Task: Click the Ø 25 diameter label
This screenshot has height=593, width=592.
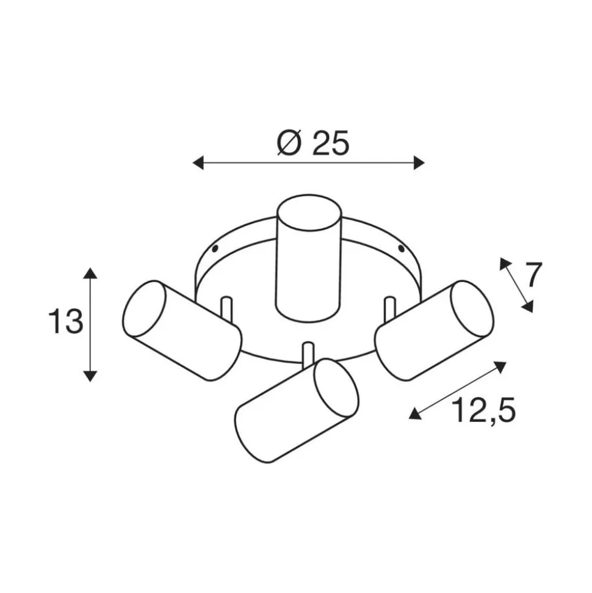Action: point(312,144)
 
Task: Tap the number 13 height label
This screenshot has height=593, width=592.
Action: point(65,322)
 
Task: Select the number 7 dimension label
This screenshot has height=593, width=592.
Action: point(533,275)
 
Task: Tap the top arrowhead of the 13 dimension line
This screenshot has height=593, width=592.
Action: point(90,273)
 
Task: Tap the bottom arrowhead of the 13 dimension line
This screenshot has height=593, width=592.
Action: point(90,376)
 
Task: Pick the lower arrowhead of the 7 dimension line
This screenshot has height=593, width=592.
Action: point(529,307)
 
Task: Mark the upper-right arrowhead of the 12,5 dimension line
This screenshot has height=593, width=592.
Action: point(501,366)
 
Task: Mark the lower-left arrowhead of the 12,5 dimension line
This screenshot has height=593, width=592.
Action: point(414,414)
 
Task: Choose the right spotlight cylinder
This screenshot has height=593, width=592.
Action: point(434,330)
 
